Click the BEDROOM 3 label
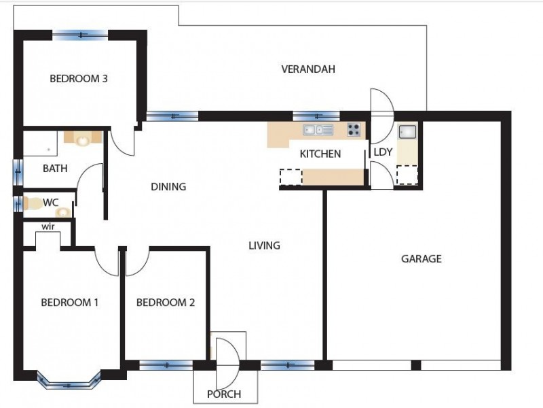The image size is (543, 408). (x=79, y=78)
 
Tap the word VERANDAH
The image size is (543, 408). (x=308, y=69)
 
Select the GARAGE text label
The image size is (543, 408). (x=421, y=258)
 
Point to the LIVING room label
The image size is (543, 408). (x=264, y=245)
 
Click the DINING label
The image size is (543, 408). (x=168, y=186)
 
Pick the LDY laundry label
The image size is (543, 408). (x=383, y=152)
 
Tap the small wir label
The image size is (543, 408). (x=48, y=226)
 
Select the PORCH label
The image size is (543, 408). (x=224, y=394)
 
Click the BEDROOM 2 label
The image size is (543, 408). (x=166, y=303)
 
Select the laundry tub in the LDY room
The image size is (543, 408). (x=407, y=132)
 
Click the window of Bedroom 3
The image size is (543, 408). (x=81, y=34)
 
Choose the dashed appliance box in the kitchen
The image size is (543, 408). (x=291, y=177)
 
